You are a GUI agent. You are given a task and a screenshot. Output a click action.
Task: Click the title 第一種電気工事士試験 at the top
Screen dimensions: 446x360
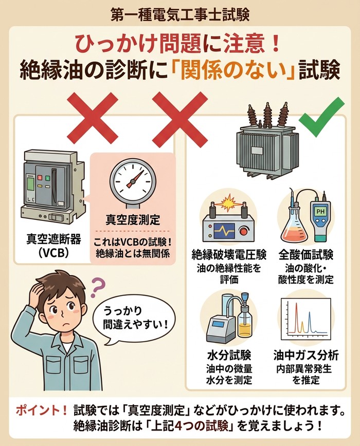coord(180,14)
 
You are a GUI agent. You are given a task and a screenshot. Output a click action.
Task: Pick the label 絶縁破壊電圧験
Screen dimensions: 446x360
coord(229,255)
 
